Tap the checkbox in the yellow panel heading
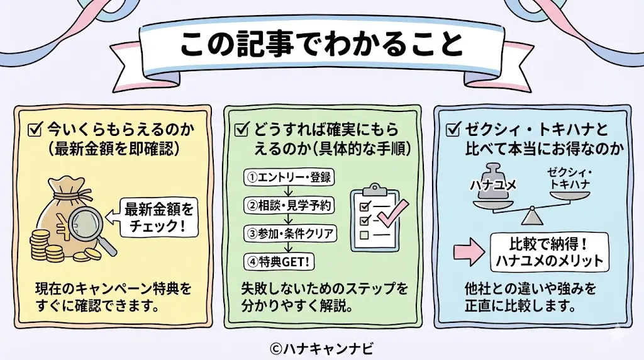tap(35, 130)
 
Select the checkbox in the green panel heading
tap(241, 130)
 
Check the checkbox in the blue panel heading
tap(452, 130)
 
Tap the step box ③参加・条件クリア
tap(290, 233)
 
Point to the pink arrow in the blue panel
tap(467, 250)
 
